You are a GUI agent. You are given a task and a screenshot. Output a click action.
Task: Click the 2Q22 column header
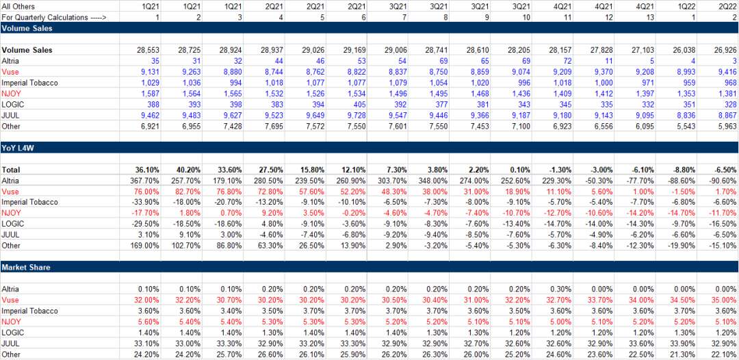pos(727,6)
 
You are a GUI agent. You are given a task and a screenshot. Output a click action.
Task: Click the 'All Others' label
pos(18,6)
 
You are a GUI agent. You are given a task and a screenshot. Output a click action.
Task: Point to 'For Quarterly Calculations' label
pos(54,16)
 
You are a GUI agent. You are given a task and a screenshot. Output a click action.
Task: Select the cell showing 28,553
pos(147,51)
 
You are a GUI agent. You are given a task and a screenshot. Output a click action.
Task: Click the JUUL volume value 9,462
pos(149,115)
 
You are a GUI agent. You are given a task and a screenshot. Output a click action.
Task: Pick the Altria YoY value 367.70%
pos(144,180)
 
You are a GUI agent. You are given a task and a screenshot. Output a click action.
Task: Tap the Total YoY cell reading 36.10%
pos(145,169)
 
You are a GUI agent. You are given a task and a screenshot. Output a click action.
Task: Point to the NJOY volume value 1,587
pos(149,94)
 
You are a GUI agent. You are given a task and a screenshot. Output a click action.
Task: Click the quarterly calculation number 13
pos(637,16)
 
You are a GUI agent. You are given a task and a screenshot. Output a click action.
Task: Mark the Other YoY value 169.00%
pos(144,245)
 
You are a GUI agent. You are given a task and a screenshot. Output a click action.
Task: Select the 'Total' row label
pos(11,169)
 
